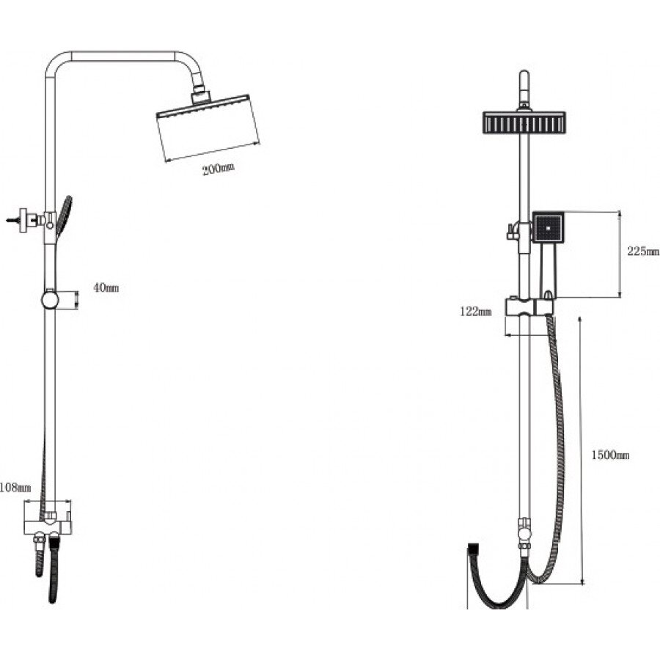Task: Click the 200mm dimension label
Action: click(x=219, y=169)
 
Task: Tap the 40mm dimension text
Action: click(x=106, y=288)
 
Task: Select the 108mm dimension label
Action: click(x=15, y=488)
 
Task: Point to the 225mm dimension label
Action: click(x=643, y=252)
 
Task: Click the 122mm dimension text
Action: click(x=476, y=312)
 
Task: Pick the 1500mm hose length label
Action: click(x=610, y=455)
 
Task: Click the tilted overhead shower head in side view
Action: click(x=208, y=126)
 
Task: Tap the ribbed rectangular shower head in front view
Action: click(x=524, y=122)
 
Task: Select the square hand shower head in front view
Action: click(x=548, y=227)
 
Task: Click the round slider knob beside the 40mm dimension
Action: click(x=50, y=300)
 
